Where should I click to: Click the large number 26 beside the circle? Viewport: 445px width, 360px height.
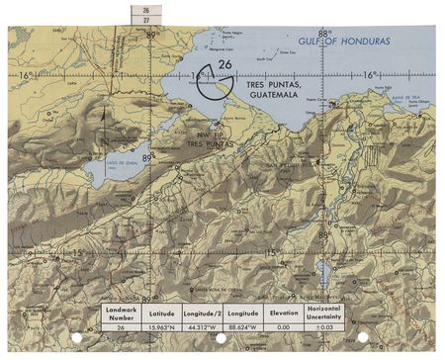tap(225, 65)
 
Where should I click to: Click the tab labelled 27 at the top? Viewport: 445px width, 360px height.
tap(145, 19)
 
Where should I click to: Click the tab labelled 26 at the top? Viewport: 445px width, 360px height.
tap(145, 9)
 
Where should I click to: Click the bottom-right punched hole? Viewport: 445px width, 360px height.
tap(362, 337)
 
